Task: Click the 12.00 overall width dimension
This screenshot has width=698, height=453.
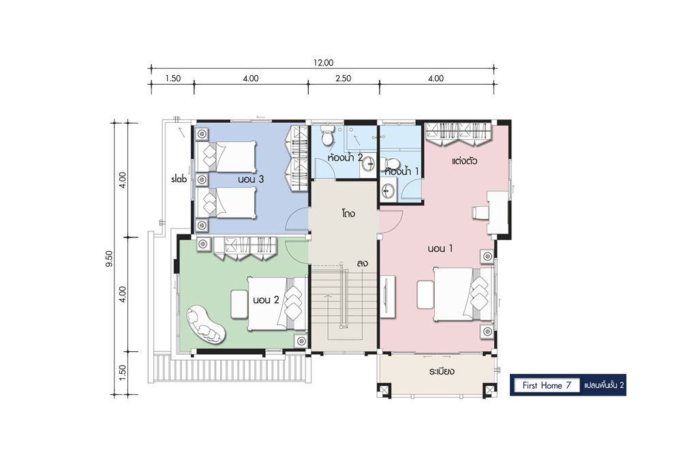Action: click(x=322, y=63)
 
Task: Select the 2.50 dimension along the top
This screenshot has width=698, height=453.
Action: click(x=344, y=78)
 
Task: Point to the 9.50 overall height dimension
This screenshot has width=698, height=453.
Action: click(x=109, y=259)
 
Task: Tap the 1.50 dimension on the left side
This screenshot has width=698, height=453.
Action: click(x=123, y=372)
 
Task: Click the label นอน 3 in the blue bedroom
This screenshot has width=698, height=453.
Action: click(x=251, y=179)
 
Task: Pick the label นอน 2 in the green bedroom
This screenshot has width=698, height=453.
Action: click(x=266, y=299)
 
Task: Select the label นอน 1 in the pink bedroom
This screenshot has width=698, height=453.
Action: click(x=440, y=248)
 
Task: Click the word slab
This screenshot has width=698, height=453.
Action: click(x=179, y=179)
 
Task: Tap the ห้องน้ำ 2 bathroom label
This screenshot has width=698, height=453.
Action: click(x=345, y=157)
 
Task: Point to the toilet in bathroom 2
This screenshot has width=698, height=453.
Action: click(x=327, y=135)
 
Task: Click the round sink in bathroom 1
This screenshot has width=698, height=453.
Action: click(x=387, y=190)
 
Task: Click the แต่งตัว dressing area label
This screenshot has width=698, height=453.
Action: click(x=464, y=161)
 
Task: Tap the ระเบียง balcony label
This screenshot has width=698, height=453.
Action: click(x=442, y=371)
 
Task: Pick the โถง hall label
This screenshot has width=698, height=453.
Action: click(x=348, y=214)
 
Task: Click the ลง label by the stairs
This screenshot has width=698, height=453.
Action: click(x=362, y=263)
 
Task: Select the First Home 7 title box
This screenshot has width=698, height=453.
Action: click(x=547, y=385)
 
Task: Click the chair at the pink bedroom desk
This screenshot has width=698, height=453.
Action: click(x=480, y=212)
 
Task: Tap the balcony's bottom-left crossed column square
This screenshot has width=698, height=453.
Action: click(x=383, y=390)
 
